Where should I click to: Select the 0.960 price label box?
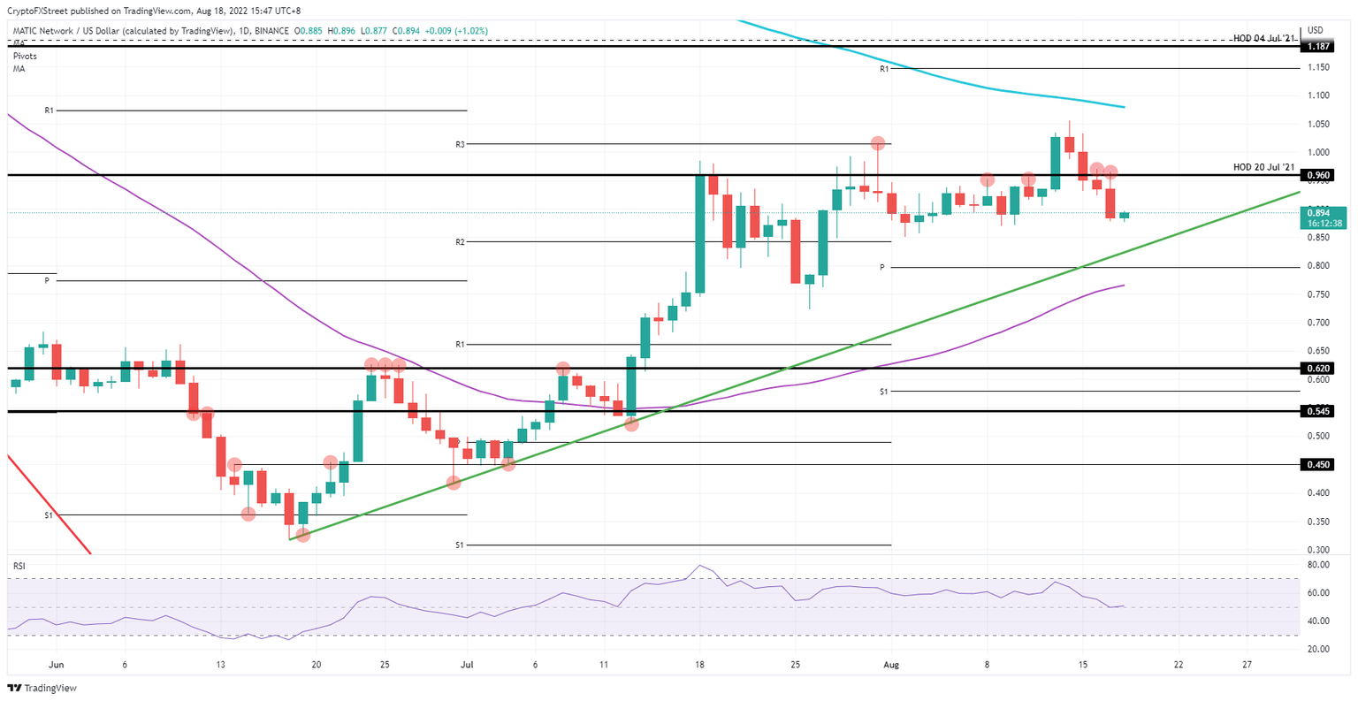coord(1319,175)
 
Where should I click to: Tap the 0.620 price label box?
coord(1319,368)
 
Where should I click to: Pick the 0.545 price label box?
coord(1319,411)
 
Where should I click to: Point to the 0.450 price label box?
coord(1319,464)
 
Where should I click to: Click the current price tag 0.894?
coord(1319,212)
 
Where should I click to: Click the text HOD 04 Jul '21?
coord(1263,37)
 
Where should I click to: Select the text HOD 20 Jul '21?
coord(1263,167)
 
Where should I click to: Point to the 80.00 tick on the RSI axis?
coord(1318,564)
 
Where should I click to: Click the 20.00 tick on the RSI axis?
coord(1318,649)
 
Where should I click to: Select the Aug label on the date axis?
coord(890,665)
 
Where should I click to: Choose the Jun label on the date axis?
coord(56,665)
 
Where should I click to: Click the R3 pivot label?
coord(460,143)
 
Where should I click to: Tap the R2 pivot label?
coord(460,241)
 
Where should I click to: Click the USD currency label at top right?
coord(1316,30)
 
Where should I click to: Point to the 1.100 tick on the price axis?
coord(1318,95)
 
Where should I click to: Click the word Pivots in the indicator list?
coord(25,56)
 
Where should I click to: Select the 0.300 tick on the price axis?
coord(1318,549)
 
